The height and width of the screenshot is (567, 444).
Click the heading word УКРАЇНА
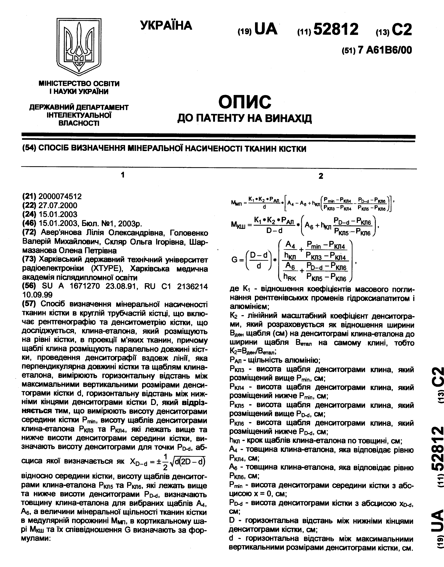coord(166,26)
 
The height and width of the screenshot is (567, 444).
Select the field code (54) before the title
coord(29,148)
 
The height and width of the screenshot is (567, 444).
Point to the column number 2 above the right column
coord(321,176)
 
